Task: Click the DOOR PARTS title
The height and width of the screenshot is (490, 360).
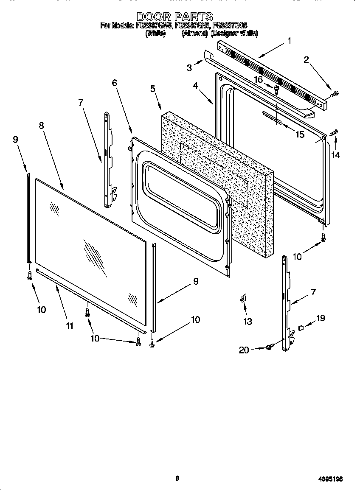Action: click(x=175, y=17)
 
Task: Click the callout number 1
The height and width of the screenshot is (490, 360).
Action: click(x=289, y=41)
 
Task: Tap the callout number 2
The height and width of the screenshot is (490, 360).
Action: click(x=306, y=59)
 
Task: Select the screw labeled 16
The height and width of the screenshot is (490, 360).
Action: click(x=276, y=89)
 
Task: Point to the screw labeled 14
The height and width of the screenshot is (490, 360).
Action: click(x=334, y=133)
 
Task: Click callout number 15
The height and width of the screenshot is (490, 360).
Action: click(x=300, y=134)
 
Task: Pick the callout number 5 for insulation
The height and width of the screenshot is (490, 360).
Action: click(x=152, y=89)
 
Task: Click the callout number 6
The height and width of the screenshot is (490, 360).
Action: click(x=115, y=83)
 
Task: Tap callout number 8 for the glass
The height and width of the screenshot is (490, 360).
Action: click(x=41, y=126)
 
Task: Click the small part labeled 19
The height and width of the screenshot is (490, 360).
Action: click(x=301, y=327)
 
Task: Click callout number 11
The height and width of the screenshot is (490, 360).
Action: click(x=69, y=326)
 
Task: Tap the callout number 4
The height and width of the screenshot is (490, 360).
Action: click(x=195, y=85)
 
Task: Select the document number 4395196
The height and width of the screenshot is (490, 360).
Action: click(x=330, y=479)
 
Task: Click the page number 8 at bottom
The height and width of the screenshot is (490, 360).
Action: click(x=177, y=479)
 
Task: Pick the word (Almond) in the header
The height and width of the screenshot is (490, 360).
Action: click(x=194, y=33)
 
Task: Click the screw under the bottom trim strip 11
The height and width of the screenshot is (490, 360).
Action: click(x=87, y=313)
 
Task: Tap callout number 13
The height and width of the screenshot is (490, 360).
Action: click(x=247, y=322)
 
